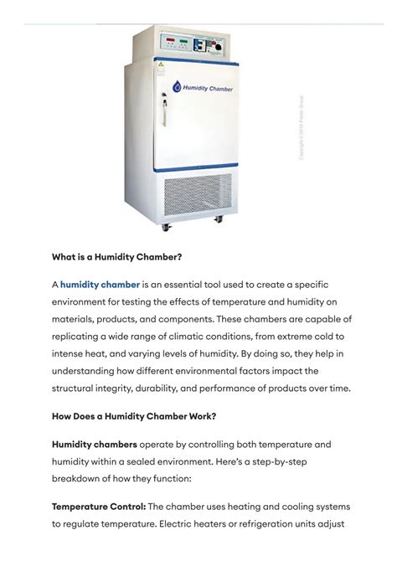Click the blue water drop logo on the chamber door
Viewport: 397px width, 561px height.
[x=176, y=86]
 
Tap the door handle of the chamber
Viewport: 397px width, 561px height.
[x=164, y=109]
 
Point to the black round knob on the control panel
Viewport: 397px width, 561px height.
[x=219, y=48]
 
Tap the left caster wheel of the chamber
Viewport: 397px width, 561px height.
[x=164, y=225]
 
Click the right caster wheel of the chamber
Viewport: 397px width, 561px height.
[x=219, y=219]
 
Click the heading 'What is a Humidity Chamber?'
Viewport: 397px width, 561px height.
[x=117, y=257]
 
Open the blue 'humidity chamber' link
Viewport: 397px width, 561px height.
[x=100, y=285]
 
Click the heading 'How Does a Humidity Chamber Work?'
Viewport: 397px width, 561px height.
[x=135, y=416]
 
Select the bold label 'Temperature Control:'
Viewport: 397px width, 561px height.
[x=99, y=507]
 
